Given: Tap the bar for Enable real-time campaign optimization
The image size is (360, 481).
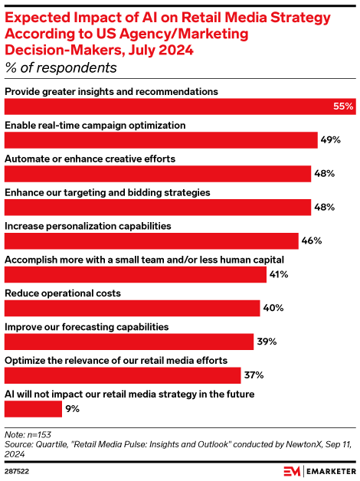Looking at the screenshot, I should pyautogui.click(x=161, y=140).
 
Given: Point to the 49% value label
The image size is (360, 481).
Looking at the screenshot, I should pyautogui.click(x=330, y=140).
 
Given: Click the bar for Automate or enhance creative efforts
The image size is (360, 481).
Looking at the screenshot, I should pyautogui.click(x=158, y=174).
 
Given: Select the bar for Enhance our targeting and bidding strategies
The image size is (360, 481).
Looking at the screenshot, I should pyautogui.click(x=158, y=207).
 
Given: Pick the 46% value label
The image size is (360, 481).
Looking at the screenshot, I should pyautogui.click(x=311, y=240).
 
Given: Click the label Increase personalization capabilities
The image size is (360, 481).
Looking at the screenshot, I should pyautogui.click(x=87, y=226).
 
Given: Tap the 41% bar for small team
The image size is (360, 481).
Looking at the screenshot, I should pyautogui.click(x=135, y=274).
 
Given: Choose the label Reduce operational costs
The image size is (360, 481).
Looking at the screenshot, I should pyautogui.click(x=63, y=293).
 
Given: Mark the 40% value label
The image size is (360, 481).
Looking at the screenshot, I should pyautogui.click(x=273, y=308).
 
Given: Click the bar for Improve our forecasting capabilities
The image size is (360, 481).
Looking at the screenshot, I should pyautogui.click(x=129, y=342).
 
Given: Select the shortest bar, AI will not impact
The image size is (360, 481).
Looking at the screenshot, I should pyautogui.click(x=32, y=409).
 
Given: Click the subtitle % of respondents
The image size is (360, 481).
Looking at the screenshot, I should pyautogui.click(x=61, y=67).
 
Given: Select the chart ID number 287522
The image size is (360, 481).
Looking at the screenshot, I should pyautogui.click(x=19, y=470).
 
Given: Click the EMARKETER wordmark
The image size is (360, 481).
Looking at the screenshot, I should pyautogui.click(x=329, y=470).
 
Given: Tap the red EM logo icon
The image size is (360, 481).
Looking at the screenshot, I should pyautogui.click(x=291, y=470).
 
